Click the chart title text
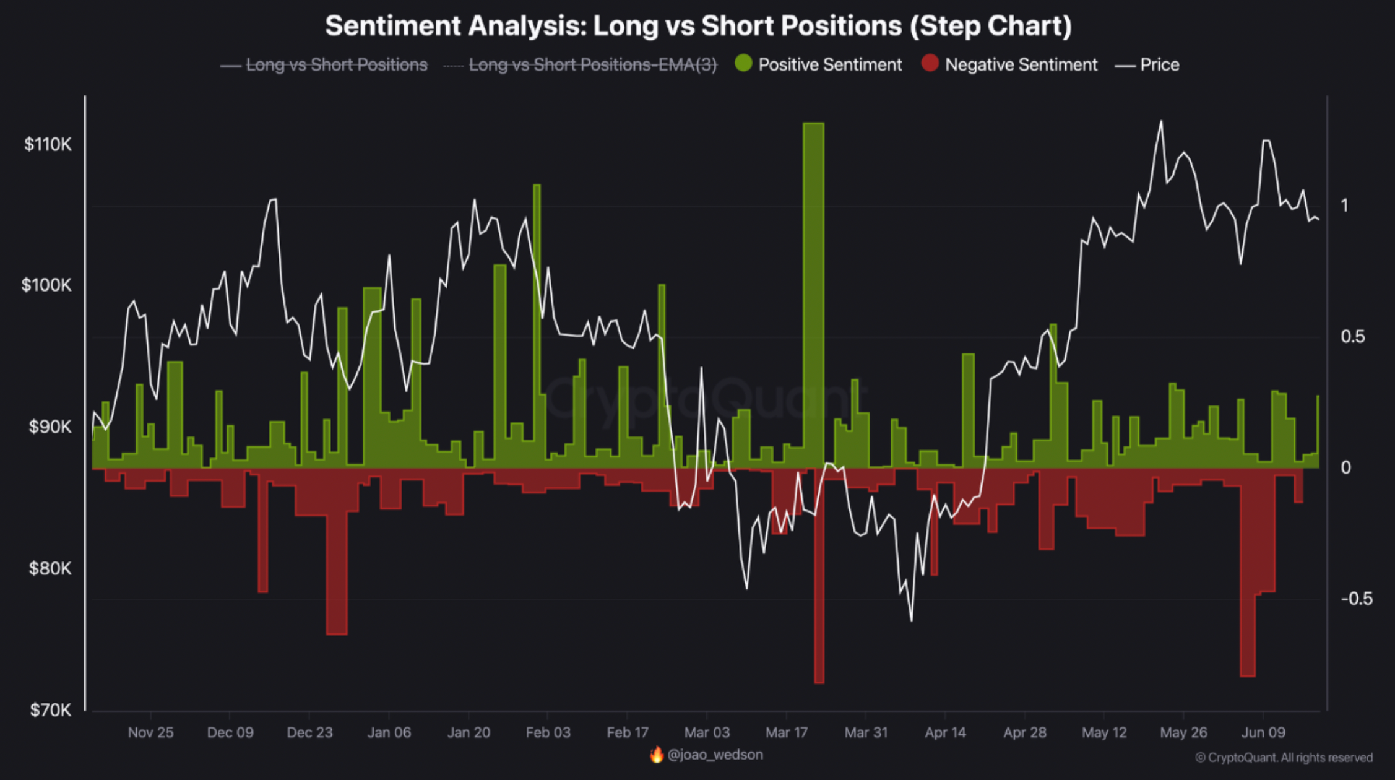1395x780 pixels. pyautogui.click(x=698, y=26)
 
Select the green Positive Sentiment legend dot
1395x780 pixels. pyautogui.click(x=743, y=63)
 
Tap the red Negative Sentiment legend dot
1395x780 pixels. pyautogui.click(x=930, y=63)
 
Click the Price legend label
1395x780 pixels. pyautogui.click(x=1159, y=64)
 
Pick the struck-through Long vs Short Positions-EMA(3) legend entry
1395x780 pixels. pyautogui.click(x=592, y=64)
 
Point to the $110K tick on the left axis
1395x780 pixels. pyautogui.click(x=48, y=144)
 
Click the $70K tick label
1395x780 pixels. pyautogui.click(x=51, y=709)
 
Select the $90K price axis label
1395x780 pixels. pyautogui.click(x=50, y=427)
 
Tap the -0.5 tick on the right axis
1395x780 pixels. pyautogui.click(x=1356, y=599)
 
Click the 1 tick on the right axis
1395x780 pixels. pyautogui.click(x=1344, y=206)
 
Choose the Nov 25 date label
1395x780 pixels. pyautogui.click(x=150, y=732)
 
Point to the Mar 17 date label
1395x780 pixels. pyautogui.click(x=786, y=732)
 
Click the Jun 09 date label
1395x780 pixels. pyautogui.click(x=1263, y=732)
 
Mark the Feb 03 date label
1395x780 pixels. pyautogui.click(x=548, y=732)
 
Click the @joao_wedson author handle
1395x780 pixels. pyautogui.click(x=715, y=755)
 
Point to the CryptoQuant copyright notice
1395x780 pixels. pyautogui.click(x=1284, y=758)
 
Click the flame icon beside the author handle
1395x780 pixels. pyautogui.click(x=657, y=755)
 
